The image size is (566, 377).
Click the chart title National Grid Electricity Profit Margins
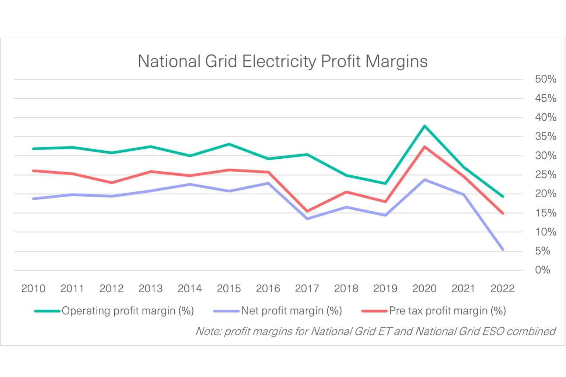(x=282, y=61)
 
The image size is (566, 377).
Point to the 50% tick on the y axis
(x=545, y=79)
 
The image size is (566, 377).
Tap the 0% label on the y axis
(x=542, y=270)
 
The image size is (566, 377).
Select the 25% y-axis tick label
(x=545, y=175)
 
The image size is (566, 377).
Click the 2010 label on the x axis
(x=33, y=288)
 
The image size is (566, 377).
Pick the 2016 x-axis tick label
(x=268, y=288)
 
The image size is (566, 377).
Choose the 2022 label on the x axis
(x=502, y=288)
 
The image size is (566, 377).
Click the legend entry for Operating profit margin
(x=127, y=311)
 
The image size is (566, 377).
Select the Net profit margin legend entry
(x=291, y=311)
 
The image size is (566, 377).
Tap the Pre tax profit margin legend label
(x=447, y=311)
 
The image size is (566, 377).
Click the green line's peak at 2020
(x=424, y=126)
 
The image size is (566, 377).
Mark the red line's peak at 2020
(x=424, y=147)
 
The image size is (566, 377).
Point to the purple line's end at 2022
(x=503, y=250)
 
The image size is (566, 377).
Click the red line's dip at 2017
(x=307, y=211)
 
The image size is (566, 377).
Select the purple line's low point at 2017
(x=307, y=219)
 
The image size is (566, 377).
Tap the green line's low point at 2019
(x=385, y=183)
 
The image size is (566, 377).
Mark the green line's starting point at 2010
(x=34, y=149)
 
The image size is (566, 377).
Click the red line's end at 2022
(x=503, y=213)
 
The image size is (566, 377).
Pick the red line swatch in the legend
(x=374, y=311)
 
